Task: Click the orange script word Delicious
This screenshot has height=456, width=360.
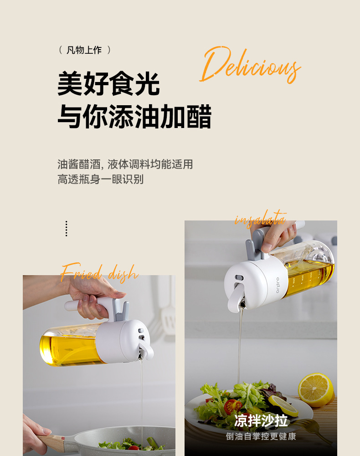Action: pyautogui.click(x=250, y=65)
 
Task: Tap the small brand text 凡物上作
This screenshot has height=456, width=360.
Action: pyautogui.click(x=84, y=50)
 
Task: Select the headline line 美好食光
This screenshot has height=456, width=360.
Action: pyautogui.click(x=108, y=84)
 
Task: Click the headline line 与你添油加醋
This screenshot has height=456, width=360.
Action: pyautogui.click(x=134, y=116)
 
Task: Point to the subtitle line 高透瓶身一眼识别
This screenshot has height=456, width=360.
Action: pyautogui.click(x=100, y=179)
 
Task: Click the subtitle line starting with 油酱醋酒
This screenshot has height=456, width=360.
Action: pyautogui.click(x=125, y=164)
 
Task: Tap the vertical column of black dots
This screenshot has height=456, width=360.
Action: pyautogui.click(x=67, y=229)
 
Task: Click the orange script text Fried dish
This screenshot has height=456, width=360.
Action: pyautogui.click(x=99, y=272)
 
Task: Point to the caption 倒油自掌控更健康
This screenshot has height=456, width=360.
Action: pyautogui.click(x=261, y=436)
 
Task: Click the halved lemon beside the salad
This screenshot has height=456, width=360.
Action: pyautogui.click(x=316, y=390)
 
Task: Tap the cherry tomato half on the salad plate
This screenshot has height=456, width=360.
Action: pyautogui.click(x=233, y=405)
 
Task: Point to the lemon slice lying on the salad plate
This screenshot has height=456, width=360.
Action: pyautogui.click(x=283, y=405)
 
